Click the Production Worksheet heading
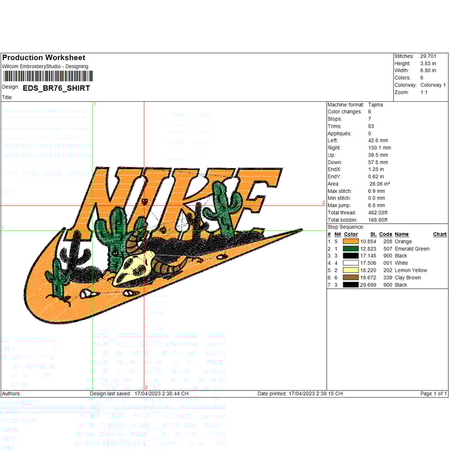click(x=43, y=57)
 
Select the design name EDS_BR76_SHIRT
click(x=56, y=88)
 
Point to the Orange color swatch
click(x=351, y=241)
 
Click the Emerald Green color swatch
click(x=351, y=249)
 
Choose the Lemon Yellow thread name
click(x=411, y=270)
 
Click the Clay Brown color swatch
click(x=351, y=277)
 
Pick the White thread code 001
click(x=385, y=263)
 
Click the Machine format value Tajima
click(x=376, y=105)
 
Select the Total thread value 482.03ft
click(x=379, y=213)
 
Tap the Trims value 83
click(x=371, y=126)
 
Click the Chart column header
click(x=440, y=234)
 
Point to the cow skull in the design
click(x=135, y=265)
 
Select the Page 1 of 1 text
click(x=434, y=394)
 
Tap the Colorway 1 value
click(x=433, y=85)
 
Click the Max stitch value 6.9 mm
click(x=377, y=191)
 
